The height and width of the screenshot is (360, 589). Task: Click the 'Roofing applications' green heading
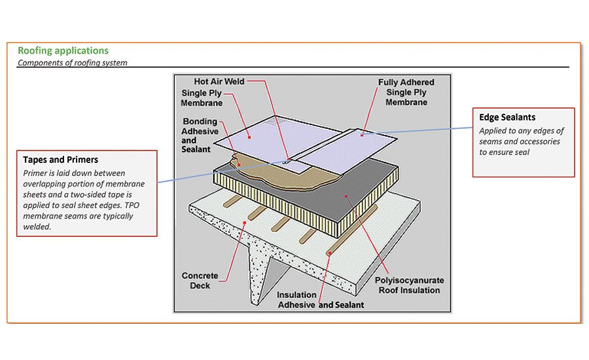pyautogui.click(x=63, y=50)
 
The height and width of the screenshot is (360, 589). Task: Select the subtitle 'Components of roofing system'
pyautogui.click(x=72, y=63)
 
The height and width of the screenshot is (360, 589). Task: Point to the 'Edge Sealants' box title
pyautogui.click(x=507, y=117)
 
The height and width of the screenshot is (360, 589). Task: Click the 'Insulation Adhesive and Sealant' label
pyautogui.click(x=320, y=300)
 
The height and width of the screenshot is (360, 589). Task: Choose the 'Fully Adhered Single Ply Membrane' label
pyautogui.click(x=406, y=92)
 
